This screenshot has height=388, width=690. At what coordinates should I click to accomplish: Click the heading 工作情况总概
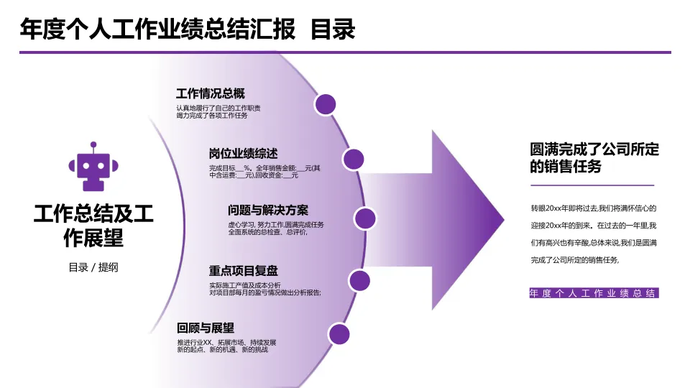point(210,93)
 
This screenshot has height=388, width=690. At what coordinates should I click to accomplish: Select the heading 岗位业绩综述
point(243,154)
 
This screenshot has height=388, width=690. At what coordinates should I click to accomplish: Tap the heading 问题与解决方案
point(268,211)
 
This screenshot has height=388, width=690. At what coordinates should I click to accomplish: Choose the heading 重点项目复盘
point(243,271)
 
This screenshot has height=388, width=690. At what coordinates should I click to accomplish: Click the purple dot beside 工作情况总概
point(326,103)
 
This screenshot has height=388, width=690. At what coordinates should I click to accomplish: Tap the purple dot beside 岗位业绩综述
point(353,160)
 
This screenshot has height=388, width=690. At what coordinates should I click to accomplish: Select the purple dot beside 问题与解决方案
point(365,218)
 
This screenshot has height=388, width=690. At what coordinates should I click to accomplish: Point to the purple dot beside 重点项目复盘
point(359,280)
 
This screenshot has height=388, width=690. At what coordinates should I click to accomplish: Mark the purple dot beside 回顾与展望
point(339,334)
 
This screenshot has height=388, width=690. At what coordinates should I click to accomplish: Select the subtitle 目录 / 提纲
point(93,267)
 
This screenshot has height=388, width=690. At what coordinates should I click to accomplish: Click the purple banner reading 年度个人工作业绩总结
point(593,293)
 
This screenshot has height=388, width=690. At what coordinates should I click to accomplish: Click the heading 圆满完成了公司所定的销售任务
point(594,157)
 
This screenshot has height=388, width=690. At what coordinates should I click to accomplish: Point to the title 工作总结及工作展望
point(93,225)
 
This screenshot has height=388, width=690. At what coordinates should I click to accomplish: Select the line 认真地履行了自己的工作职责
point(218,108)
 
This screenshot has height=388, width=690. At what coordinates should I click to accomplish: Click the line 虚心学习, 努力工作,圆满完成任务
point(266,225)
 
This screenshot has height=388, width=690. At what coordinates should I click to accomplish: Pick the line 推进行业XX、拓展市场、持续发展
point(226,342)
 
